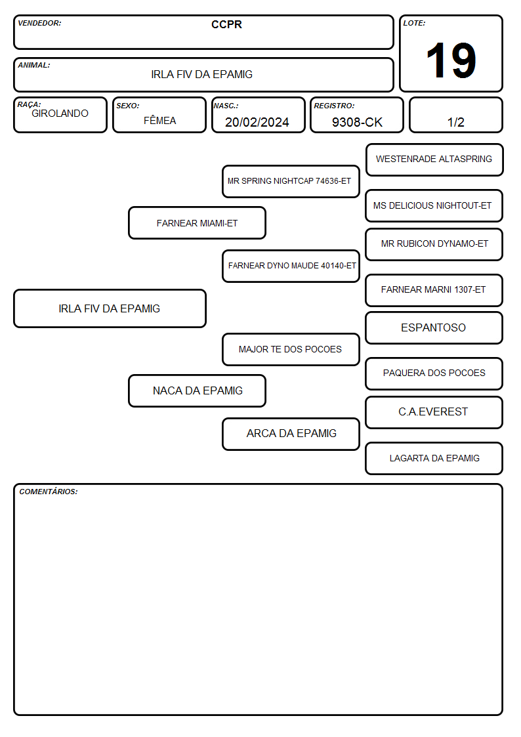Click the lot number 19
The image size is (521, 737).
[x=451, y=60]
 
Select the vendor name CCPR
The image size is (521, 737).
[x=226, y=24]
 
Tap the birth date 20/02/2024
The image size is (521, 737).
[x=257, y=122]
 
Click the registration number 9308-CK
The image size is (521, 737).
[x=357, y=122]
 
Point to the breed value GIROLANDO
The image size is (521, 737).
[x=60, y=114]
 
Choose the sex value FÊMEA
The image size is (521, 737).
[x=159, y=120]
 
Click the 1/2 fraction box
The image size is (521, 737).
[x=455, y=115]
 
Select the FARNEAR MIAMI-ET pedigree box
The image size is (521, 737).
[x=198, y=222]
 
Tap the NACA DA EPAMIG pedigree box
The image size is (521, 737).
[x=198, y=390]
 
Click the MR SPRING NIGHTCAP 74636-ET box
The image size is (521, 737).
[x=291, y=181]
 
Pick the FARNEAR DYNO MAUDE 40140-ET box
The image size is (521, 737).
[x=291, y=266]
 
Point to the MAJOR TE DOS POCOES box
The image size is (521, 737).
[x=291, y=349]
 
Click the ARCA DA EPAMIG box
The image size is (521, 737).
[x=291, y=434]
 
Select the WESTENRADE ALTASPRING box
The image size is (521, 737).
[x=434, y=160]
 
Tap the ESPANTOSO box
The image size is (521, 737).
[x=434, y=327]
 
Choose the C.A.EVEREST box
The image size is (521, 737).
[x=434, y=412]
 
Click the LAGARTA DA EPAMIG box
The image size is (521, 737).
[x=434, y=458]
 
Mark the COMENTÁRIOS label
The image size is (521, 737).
[x=49, y=492]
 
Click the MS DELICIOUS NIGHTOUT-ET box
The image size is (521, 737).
[x=434, y=205]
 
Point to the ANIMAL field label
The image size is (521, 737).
[x=34, y=66]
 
